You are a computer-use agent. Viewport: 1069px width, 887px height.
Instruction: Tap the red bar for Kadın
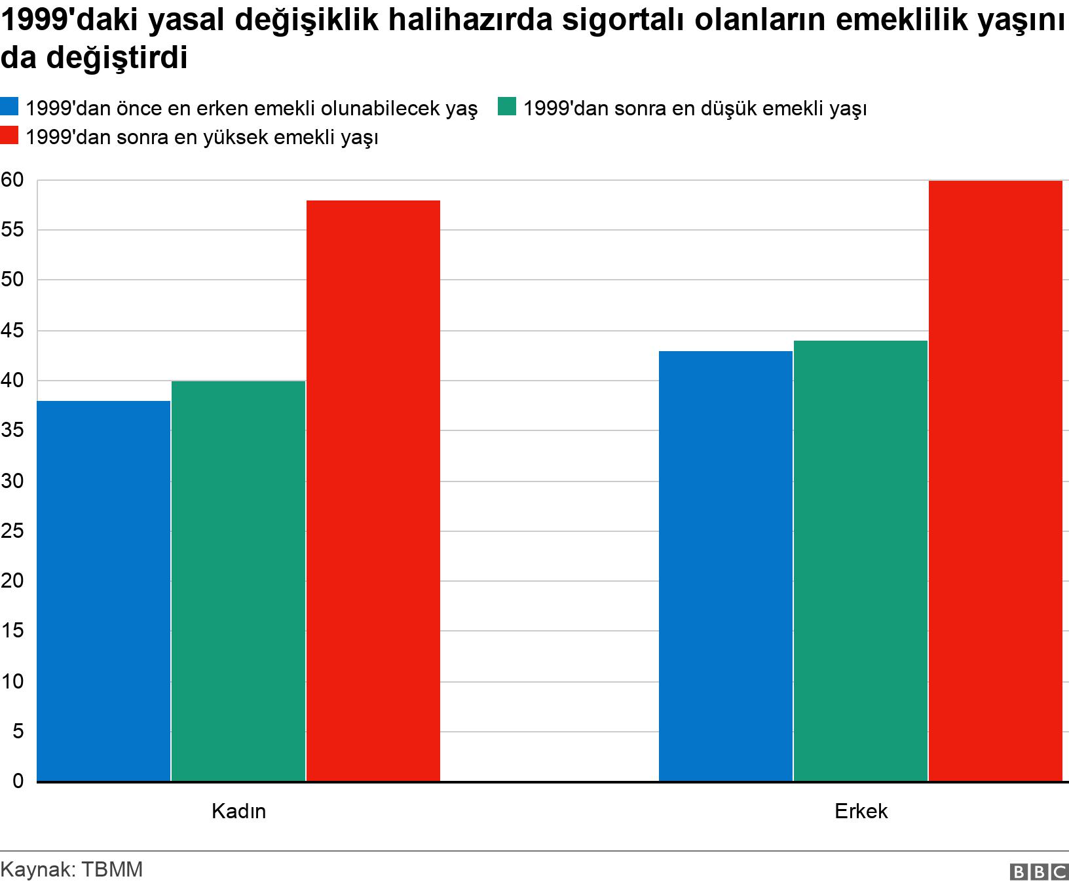point(373,491)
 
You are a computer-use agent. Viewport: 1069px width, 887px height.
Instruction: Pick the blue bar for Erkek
point(725,566)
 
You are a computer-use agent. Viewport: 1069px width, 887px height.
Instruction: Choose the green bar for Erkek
point(861,561)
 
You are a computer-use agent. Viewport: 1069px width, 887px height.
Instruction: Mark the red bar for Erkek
point(996,481)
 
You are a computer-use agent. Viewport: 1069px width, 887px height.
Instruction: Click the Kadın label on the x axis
point(238,812)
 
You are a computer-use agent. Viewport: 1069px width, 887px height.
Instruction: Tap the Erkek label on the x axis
point(861,812)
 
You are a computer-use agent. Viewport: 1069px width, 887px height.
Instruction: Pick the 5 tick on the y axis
point(17,732)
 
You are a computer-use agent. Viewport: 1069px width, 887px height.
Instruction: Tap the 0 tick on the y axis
point(17,782)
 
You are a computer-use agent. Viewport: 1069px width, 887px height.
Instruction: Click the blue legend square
point(10,107)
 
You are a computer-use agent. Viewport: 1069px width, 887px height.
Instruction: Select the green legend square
point(508,107)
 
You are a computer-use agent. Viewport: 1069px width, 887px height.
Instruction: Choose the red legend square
point(10,137)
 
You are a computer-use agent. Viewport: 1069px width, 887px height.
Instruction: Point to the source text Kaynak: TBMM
point(71,870)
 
